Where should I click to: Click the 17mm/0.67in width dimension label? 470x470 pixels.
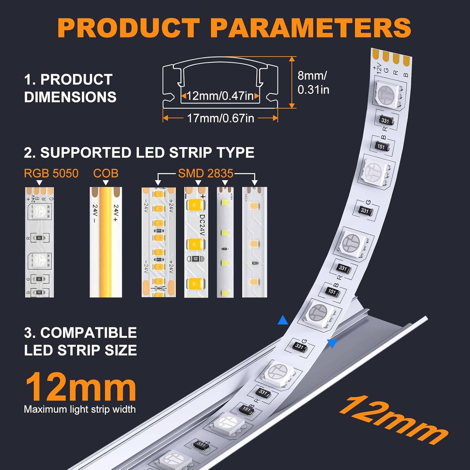pyautogui.click(x=220, y=118)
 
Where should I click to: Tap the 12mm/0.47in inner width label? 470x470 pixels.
pyautogui.click(x=220, y=96)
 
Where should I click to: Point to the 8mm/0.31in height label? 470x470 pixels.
pyautogui.click(x=313, y=82)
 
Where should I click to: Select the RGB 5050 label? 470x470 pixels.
pyautogui.click(x=51, y=173)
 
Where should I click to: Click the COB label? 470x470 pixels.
pyautogui.click(x=106, y=173)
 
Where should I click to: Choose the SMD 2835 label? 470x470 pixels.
pyautogui.click(x=206, y=173)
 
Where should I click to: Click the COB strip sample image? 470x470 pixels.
pyautogui.click(x=106, y=242)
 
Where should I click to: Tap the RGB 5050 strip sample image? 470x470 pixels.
pyautogui.click(x=39, y=242)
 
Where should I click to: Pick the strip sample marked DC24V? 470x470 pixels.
pyautogui.click(x=196, y=242)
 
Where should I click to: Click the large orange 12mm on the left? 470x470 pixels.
pyautogui.click(x=81, y=388)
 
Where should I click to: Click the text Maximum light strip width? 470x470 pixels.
pyautogui.click(x=80, y=409)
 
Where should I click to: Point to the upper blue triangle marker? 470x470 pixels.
pyautogui.click(x=283, y=321)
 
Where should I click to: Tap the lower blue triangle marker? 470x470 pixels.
pyautogui.click(x=332, y=343)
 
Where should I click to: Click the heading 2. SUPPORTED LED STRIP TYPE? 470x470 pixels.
pyautogui.click(x=139, y=153)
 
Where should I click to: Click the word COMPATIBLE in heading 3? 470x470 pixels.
pyautogui.click(x=88, y=332)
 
